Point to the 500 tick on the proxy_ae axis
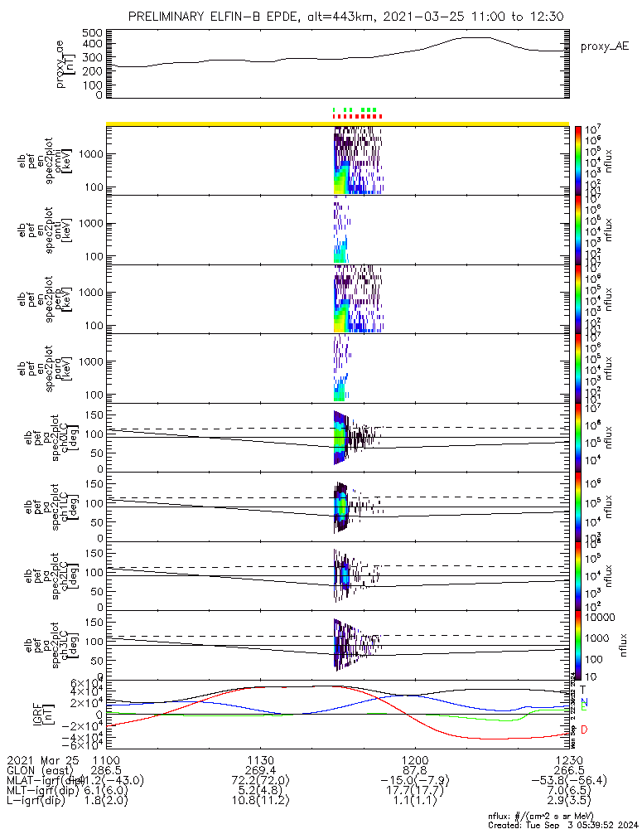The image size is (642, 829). tap(92, 33)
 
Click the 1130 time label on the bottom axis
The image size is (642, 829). tap(261, 759)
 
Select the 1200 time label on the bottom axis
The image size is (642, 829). tap(414, 759)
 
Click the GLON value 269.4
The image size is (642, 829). tap(261, 770)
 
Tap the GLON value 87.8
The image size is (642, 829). tap(414, 770)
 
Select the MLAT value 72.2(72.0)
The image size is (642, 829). tap(261, 781)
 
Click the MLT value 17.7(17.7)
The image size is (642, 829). tap(414, 792)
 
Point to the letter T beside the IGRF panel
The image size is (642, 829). tap(583, 690)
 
